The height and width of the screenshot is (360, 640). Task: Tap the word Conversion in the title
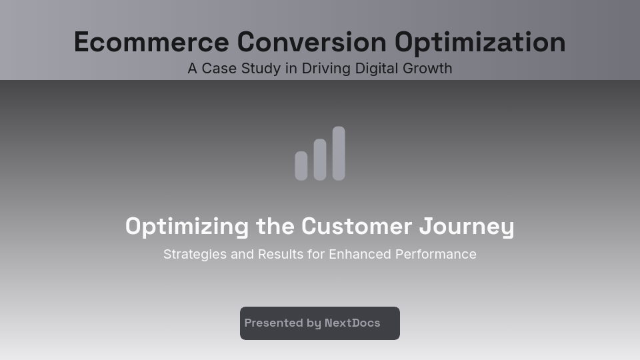click(311, 42)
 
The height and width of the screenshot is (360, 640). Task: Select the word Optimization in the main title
click(480, 42)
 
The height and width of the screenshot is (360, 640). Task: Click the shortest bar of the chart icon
click(301, 166)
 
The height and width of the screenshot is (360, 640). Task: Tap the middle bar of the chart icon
click(320, 159)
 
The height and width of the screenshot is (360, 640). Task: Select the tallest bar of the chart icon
click(339, 153)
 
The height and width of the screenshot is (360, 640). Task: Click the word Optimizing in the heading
click(187, 227)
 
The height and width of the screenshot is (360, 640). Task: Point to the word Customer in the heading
click(357, 227)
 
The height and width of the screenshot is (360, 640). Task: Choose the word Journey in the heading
click(467, 227)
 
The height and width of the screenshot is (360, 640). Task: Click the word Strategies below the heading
click(195, 255)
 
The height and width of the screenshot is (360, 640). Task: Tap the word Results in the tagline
click(281, 255)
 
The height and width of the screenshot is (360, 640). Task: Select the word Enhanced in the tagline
click(360, 255)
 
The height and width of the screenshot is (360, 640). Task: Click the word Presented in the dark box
click(273, 323)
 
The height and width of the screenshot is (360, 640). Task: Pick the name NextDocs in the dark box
click(352, 323)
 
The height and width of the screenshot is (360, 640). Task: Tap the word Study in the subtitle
click(257, 69)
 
